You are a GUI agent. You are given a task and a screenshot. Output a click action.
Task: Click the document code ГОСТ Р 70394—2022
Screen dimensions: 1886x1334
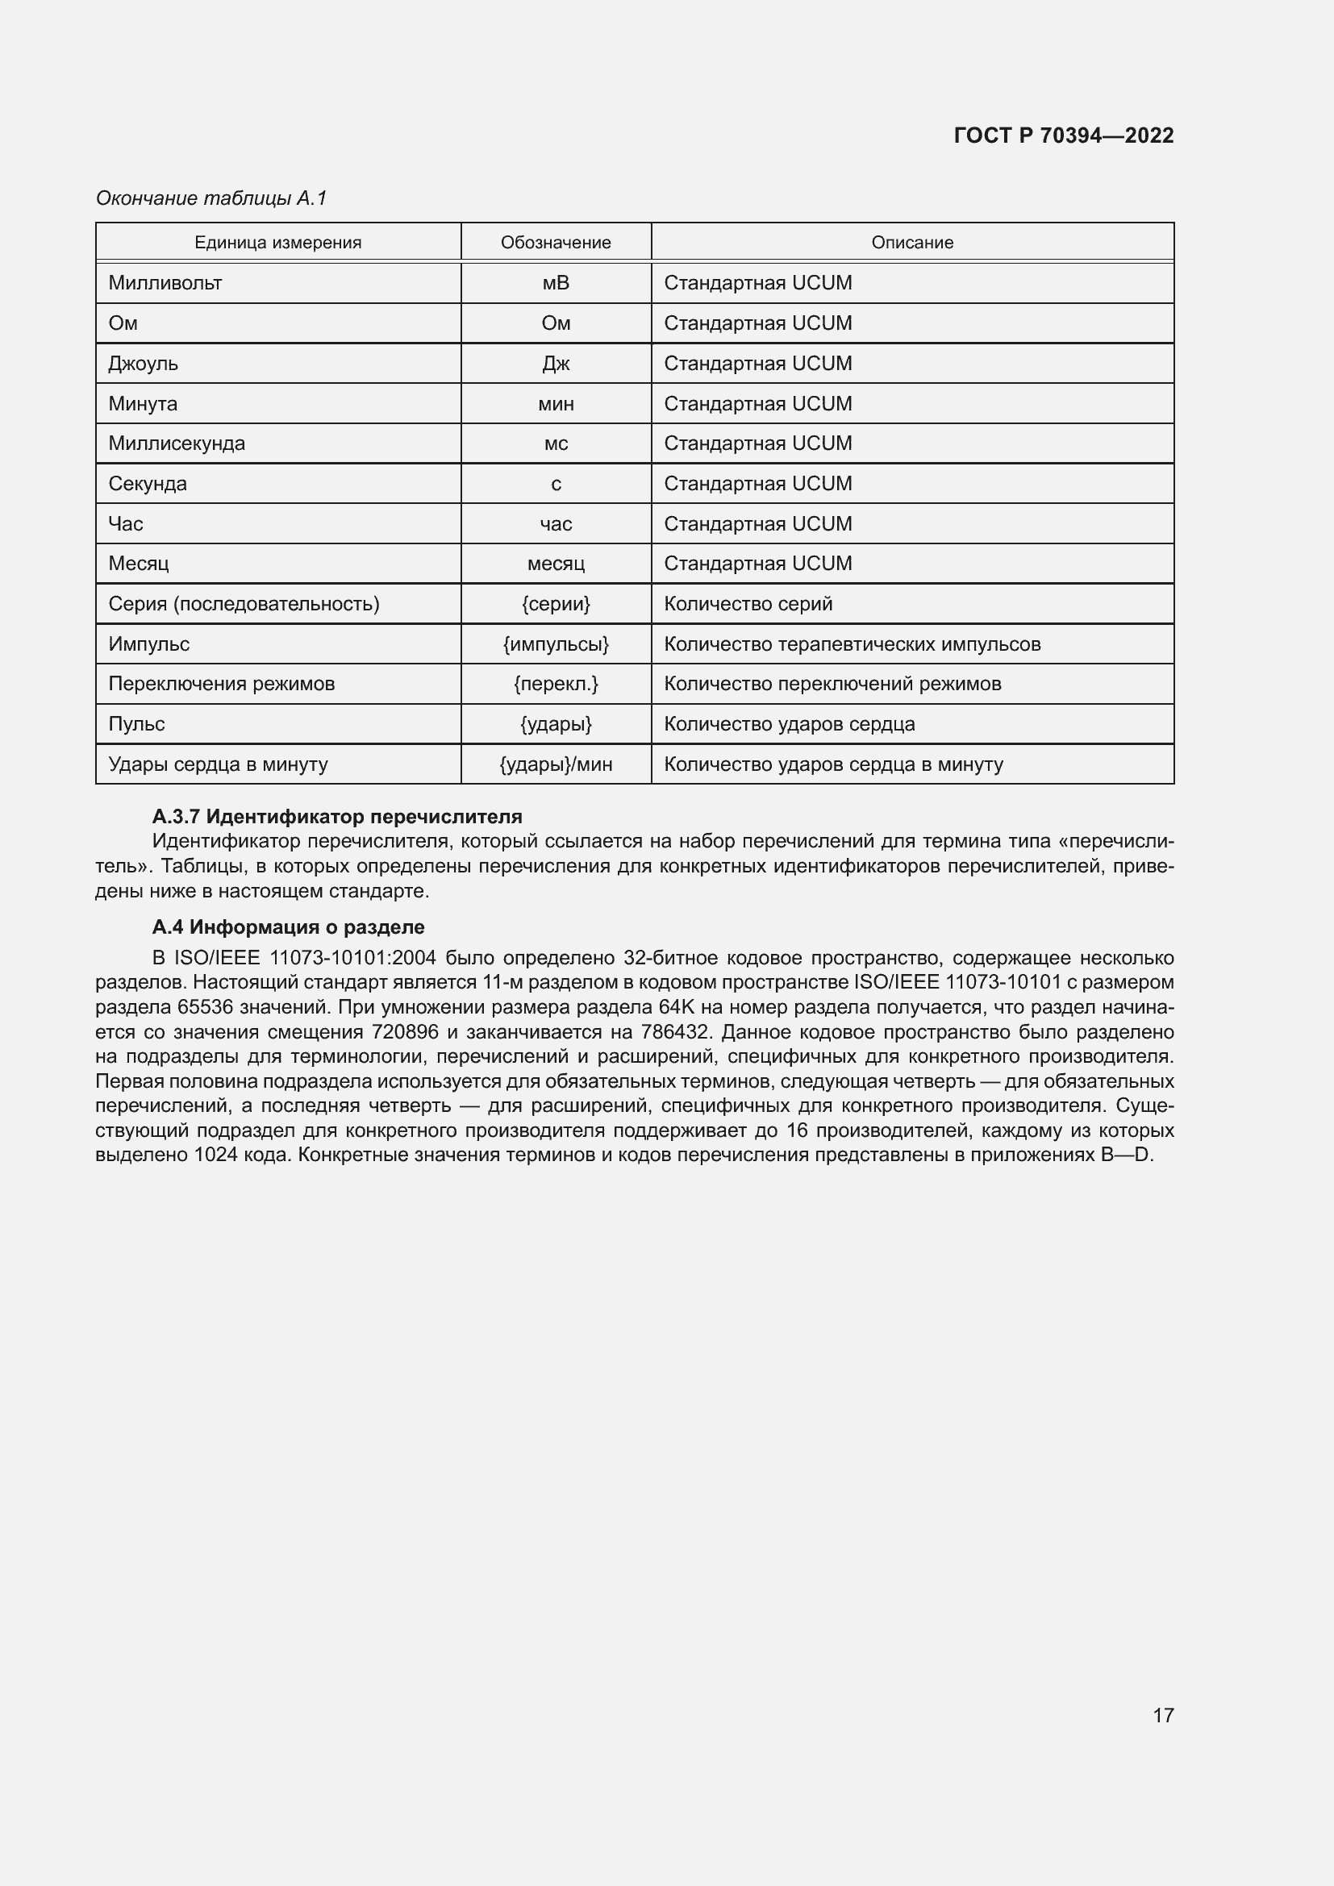tap(1063, 135)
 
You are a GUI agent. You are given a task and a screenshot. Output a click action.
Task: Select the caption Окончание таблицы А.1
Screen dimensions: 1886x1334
tap(211, 198)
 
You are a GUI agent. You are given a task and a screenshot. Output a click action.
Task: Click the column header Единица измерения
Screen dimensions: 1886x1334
tap(277, 243)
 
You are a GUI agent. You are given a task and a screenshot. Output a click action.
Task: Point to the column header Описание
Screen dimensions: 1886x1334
tap(912, 243)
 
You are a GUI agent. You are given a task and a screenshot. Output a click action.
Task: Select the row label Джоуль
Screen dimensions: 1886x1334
tap(143, 363)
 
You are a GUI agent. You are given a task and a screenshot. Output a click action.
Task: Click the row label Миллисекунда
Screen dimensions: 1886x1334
tap(177, 443)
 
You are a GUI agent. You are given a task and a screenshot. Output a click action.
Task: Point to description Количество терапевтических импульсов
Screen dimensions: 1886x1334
tap(852, 644)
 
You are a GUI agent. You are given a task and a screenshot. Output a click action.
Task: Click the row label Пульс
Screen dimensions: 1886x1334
tap(136, 723)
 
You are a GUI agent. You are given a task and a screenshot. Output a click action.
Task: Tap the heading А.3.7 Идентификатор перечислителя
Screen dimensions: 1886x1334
tap(337, 817)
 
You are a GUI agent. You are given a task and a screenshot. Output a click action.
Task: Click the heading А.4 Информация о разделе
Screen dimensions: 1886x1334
tap(288, 926)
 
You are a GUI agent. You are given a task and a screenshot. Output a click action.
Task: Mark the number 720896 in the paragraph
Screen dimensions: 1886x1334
tap(405, 1032)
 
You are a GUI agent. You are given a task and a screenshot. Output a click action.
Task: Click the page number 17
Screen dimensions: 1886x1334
tap(1162, 1714)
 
